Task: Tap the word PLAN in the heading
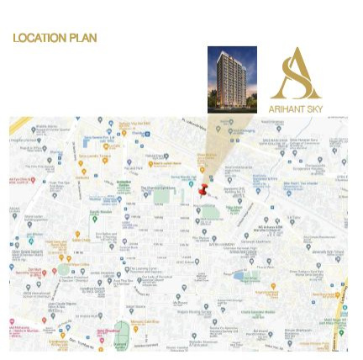pyautogui.click(x=83, y=38)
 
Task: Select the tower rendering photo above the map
pyautogui.click(x=231, y=79)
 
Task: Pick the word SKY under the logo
pyautogui.click(x=314, y=109)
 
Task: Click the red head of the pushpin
pyautogui.click(x=202, y=190)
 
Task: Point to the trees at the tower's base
pyautogui.click(x=231, y=104)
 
